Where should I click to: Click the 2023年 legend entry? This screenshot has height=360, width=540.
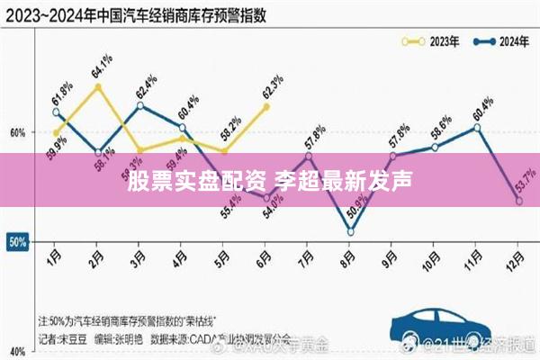tap(430, 40)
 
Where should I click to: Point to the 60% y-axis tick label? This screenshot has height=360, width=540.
tap(17, 132)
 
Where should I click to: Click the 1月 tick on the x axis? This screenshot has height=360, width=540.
tap(55, 256)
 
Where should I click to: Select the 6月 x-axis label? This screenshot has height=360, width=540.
tap(265, 256)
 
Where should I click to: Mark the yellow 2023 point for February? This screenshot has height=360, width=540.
tap(97, 86)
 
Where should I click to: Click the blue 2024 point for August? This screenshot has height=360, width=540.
tap(350, 232)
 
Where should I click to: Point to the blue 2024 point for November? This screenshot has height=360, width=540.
tap(477, 127)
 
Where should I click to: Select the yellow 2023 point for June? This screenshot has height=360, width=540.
tap(266, 106)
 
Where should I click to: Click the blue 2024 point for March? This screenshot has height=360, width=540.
tap(139, 105)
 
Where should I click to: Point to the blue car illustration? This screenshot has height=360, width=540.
tap(441, 326)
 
